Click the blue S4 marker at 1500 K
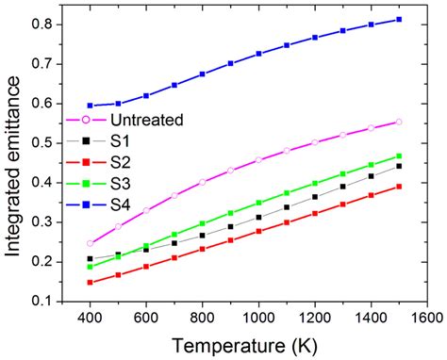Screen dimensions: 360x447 [399, 19]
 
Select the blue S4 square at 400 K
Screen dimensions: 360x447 [91, 106]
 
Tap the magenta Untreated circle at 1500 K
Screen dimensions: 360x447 [399, 122]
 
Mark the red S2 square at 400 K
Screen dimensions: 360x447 [91, 282]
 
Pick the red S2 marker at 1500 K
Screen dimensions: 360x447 [399, 187]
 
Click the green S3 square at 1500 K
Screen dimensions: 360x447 [399, 156]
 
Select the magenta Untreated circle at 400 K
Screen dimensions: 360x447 [91, 243]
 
